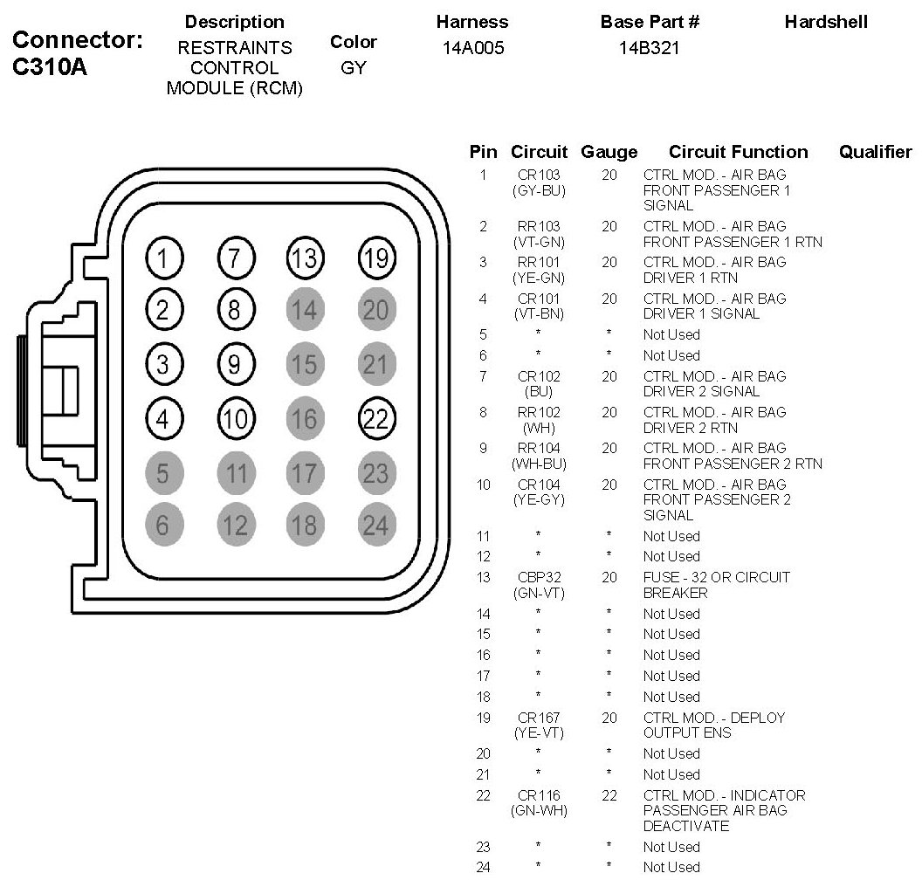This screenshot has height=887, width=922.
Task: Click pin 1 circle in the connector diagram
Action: click(x=162, y=258)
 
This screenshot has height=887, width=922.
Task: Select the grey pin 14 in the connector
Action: click(x=304, y=310)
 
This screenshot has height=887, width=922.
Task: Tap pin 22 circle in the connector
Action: click(x=375, y=418)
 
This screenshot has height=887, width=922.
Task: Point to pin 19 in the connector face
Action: click(x=375, y=258)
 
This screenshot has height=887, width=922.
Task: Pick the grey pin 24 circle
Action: click(x=375, y=526)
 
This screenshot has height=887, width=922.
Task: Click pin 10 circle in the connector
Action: click(x=234, y=418)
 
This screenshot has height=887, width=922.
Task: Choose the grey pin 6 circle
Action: click(x=162, y=526)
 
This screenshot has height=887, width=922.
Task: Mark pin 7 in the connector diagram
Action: click(x=234, y=258)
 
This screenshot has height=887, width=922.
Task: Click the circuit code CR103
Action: click(x=538, y=175)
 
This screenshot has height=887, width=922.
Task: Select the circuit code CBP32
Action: click(x=538, y=577)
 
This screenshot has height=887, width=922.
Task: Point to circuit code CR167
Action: click(x=538, y=718)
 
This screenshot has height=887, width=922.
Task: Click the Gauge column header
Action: click(x=609, y=152)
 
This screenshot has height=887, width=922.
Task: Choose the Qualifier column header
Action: click(x=875, y=152)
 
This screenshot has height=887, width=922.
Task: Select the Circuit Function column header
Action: click(x=738, y=152)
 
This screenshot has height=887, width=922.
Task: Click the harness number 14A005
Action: click(x=473, y=49)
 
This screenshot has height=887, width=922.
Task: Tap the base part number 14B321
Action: click(x=649, y=49)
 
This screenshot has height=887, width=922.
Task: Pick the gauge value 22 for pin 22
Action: click(x=609, y=795)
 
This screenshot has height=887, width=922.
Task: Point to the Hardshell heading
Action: click(x=825, y=22)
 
